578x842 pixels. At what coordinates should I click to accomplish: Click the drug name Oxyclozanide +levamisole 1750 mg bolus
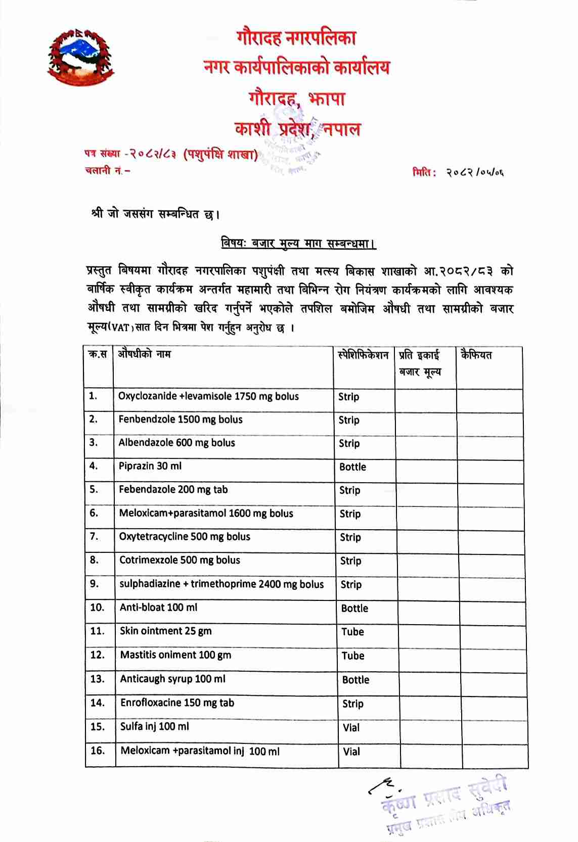point(208,396)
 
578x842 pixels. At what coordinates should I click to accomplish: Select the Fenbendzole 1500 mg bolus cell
point(181,419)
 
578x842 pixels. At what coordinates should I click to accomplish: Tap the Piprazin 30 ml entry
point(150,466)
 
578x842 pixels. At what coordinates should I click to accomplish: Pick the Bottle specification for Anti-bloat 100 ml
point(354,609)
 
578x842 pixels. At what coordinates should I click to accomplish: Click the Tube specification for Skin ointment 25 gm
point(352,632)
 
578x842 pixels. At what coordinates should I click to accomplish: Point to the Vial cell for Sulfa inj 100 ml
point(351,728)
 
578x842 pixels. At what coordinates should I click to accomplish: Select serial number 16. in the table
point(98,751)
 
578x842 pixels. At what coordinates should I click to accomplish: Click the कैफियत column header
point(476,355)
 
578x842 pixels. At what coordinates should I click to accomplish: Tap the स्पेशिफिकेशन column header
point(363,355)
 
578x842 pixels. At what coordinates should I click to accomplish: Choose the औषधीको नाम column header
point(145,354)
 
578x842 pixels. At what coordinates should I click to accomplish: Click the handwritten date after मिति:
point(474,173)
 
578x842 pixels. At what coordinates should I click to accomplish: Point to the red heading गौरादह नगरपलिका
point(296,38)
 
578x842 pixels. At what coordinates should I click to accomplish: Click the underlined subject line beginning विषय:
point(298,244)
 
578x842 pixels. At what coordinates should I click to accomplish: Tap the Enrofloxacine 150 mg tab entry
point(177,703)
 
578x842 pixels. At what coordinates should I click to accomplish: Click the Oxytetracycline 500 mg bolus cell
point(185,537)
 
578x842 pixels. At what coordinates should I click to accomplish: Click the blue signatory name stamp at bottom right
point(445,802)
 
